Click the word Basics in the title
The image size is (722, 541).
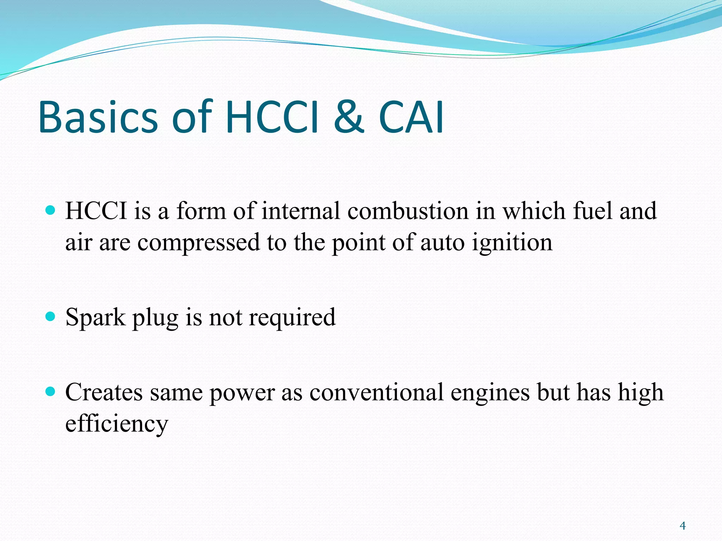pos(98,117)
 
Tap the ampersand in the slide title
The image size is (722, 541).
pos(348,117)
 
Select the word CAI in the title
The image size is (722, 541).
pos(411,117)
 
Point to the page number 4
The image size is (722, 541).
pos(683,526)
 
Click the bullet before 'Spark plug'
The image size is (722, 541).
pos(51,316)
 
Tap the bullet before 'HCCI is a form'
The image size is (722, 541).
pos(51,210)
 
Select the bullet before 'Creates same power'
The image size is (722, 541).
pos(51,391)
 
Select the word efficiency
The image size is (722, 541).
pos(117,424)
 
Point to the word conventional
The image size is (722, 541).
pos(376,392)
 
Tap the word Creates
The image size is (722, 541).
pos(104,392)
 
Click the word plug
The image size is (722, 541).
pos(155,318)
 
